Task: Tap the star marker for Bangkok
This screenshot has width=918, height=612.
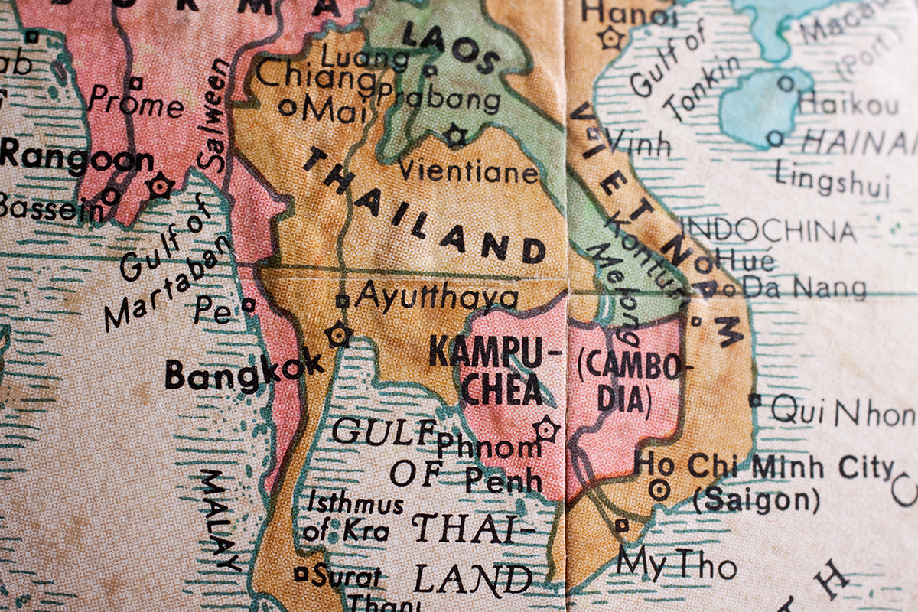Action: point(337,334)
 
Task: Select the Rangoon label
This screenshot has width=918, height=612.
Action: point(76,158)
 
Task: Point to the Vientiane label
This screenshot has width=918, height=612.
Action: point(467,171)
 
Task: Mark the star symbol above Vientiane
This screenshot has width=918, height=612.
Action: point(454,136)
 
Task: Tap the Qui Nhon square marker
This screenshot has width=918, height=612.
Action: point(755,399)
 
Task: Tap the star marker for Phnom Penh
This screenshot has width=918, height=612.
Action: point(546,428)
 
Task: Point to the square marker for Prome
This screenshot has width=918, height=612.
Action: point(135,83)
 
